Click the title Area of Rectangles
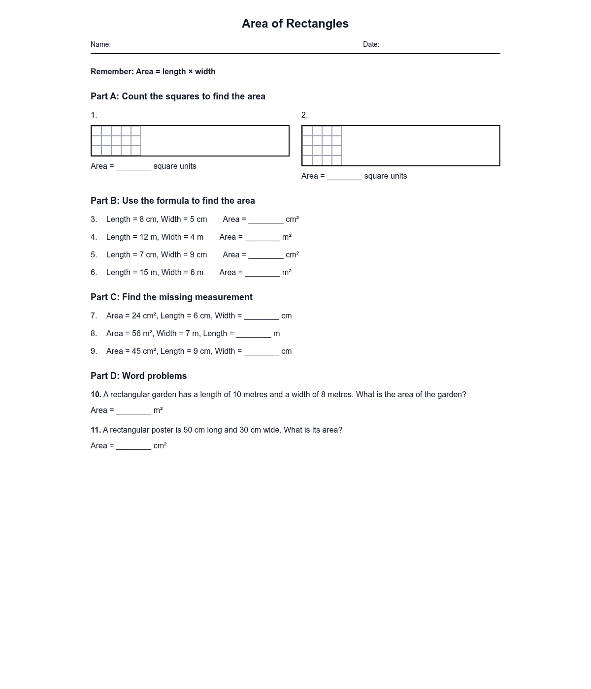295,24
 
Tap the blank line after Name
172,45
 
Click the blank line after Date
440,45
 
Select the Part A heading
178,96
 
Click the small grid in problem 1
116,141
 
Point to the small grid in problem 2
322,146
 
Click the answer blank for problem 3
266,220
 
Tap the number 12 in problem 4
144,237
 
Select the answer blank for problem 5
266,255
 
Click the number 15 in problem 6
144,273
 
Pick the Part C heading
171,297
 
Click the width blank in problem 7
262,316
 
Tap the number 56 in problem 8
136,334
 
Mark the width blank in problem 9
262,352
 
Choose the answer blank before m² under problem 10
133,411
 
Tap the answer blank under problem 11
133,446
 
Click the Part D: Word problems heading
138,376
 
